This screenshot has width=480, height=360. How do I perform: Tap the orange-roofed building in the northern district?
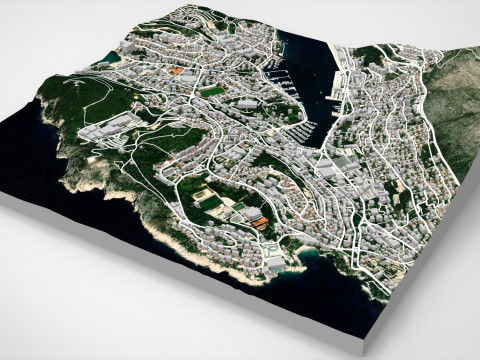click(x=176, y=71)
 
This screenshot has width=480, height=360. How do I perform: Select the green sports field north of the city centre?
click(x=211, y=93)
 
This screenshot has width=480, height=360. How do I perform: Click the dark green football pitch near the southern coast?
click(x=209, y=200)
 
